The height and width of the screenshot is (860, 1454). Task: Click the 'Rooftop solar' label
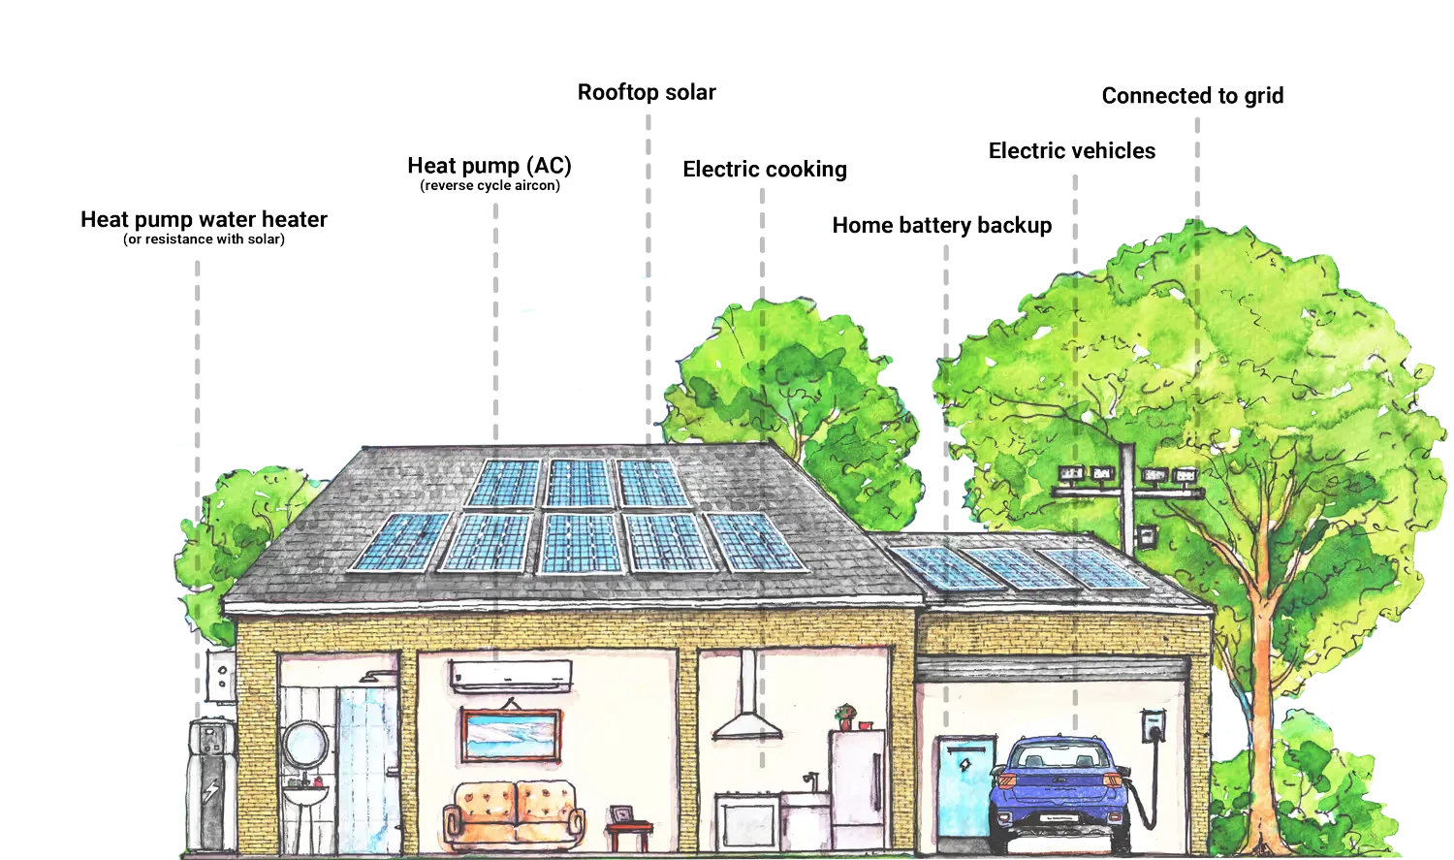(647, 93)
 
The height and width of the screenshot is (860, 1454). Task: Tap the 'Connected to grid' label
(1193, 96)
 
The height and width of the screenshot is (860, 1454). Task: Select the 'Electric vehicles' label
(1071, 151)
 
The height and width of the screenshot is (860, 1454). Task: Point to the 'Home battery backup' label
(942, 226)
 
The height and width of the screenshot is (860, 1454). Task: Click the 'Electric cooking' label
(765, 170)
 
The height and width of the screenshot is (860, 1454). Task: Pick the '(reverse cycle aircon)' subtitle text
(490, 185)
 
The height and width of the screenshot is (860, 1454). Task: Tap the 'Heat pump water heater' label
(204, 219)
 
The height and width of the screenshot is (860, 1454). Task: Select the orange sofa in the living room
(515, 812)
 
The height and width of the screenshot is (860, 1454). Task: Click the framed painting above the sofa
(511, 735)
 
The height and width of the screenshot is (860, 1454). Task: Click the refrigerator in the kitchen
(856, 788)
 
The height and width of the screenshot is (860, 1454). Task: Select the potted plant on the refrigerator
(846, 717)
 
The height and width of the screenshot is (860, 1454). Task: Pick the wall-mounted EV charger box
(1153, 726)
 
